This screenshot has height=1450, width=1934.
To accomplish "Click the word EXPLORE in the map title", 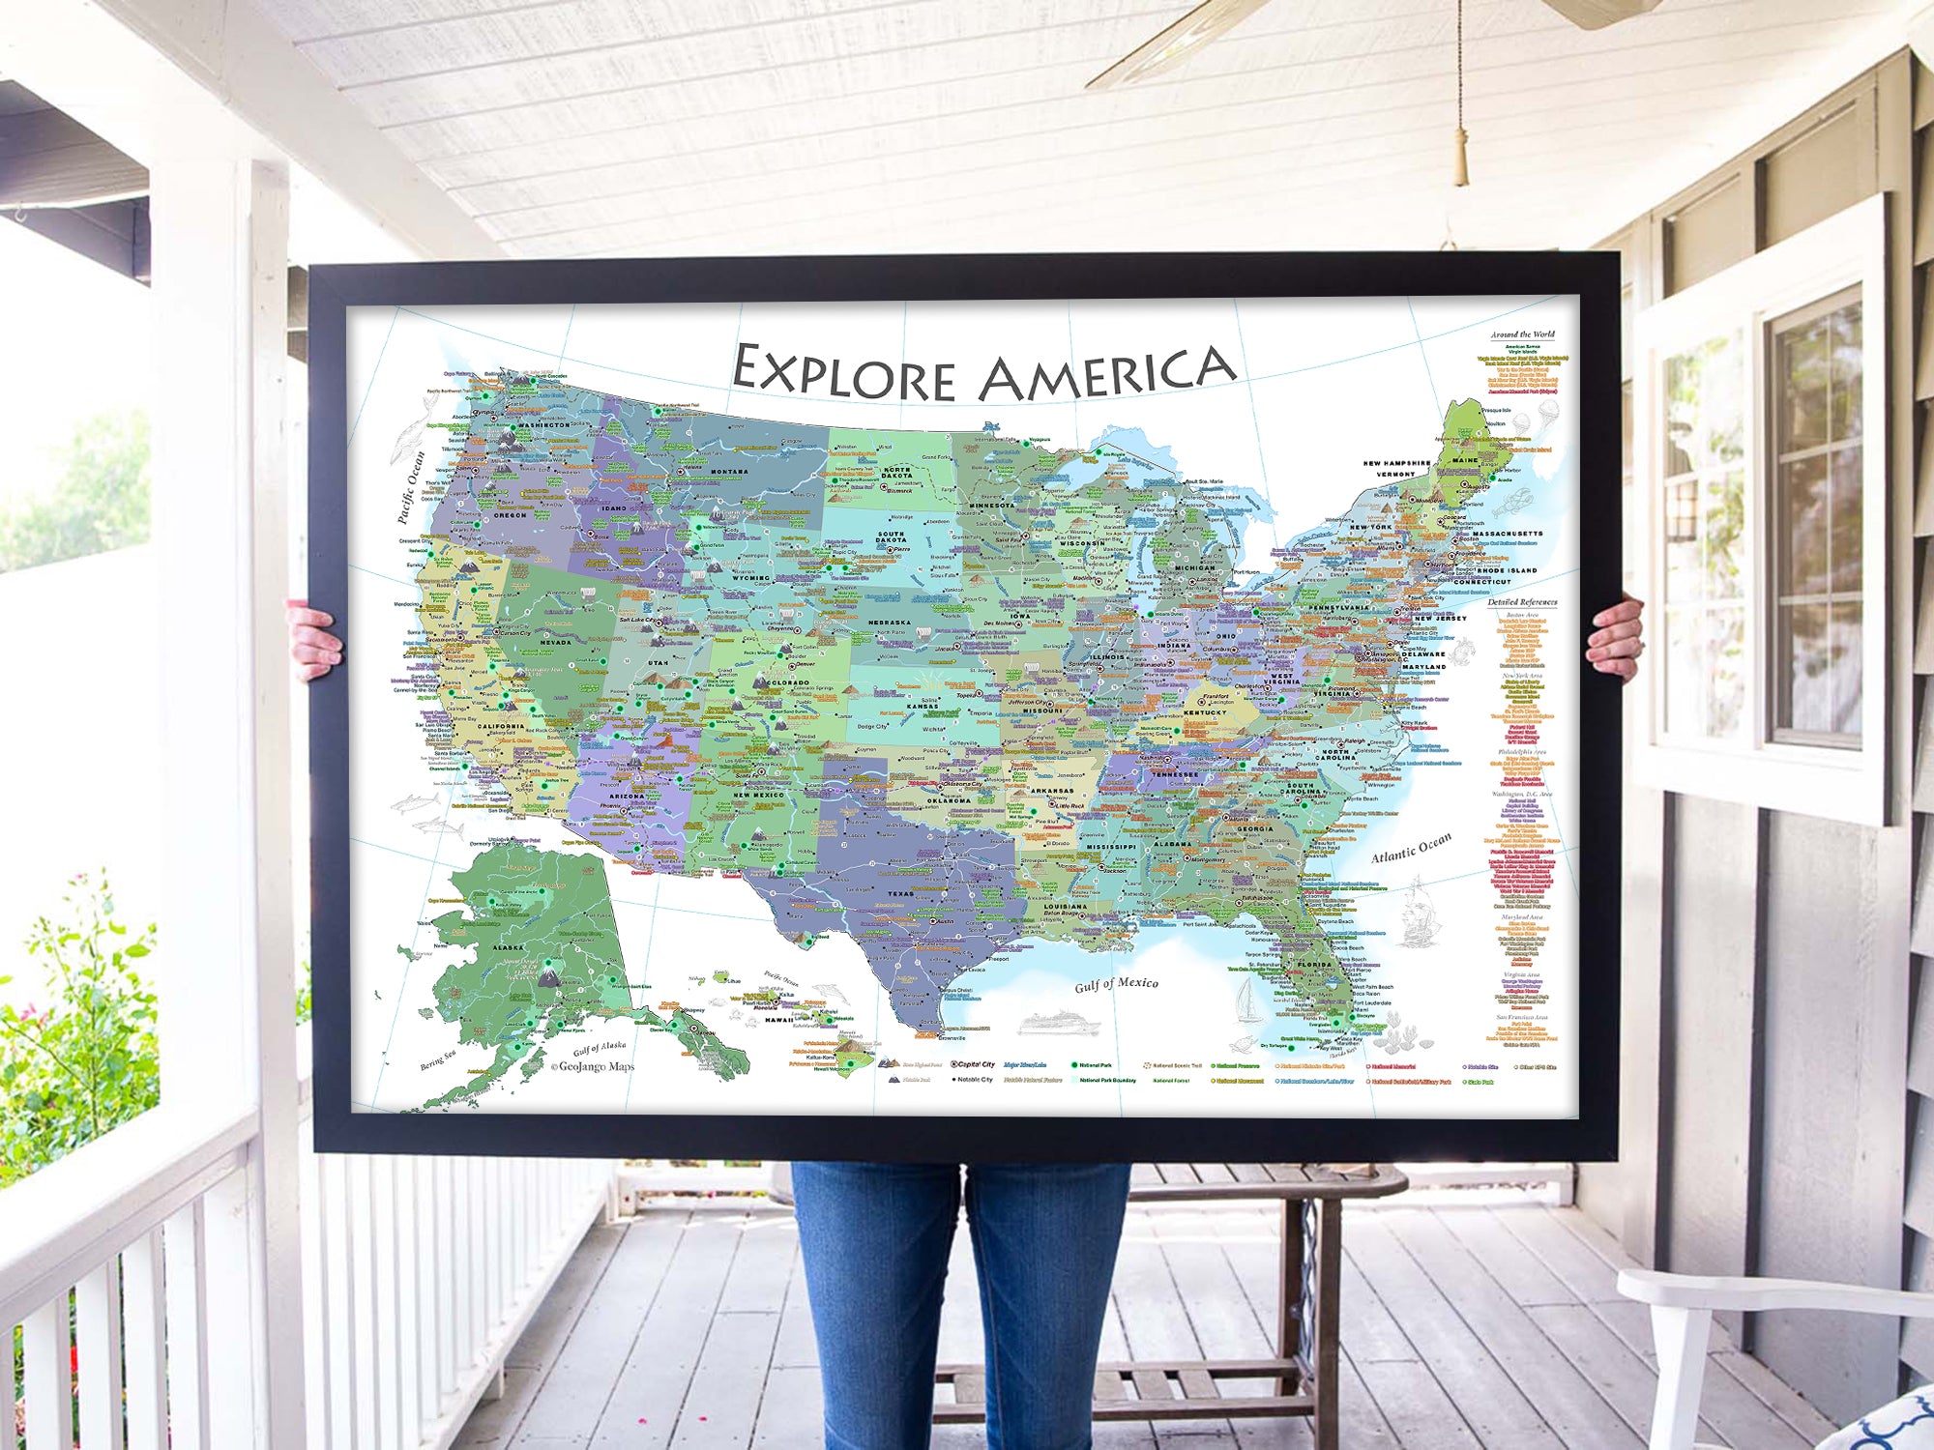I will (x=843, y=373).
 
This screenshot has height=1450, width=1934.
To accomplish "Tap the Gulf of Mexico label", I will (x=1116, y=984).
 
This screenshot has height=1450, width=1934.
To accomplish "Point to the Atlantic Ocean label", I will (x=1411, y=848).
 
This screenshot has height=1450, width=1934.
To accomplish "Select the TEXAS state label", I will (x=900, y=894).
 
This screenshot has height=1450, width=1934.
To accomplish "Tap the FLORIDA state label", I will (x=1315, y=964).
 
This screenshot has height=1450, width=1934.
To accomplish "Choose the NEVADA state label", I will (x=555, y=642).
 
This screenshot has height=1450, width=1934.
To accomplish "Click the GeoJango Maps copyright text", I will (x=593, y=1067).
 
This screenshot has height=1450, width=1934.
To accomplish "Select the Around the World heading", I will (x=1522, y=334).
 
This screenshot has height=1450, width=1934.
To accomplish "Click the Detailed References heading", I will (x=1522, y=602).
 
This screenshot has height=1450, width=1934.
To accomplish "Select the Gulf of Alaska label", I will (x=600, y=1048).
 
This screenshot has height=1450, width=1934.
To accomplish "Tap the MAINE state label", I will (x=1464, y=460).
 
